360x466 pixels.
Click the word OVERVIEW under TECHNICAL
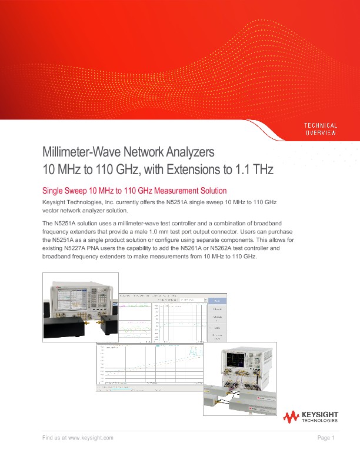click(320, 133)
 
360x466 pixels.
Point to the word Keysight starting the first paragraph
click(56, 202)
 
